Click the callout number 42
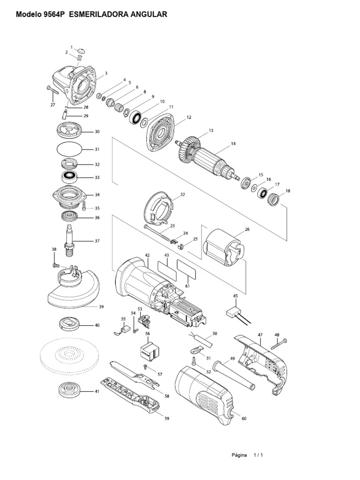pos(147,255)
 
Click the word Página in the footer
pos(239,455)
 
